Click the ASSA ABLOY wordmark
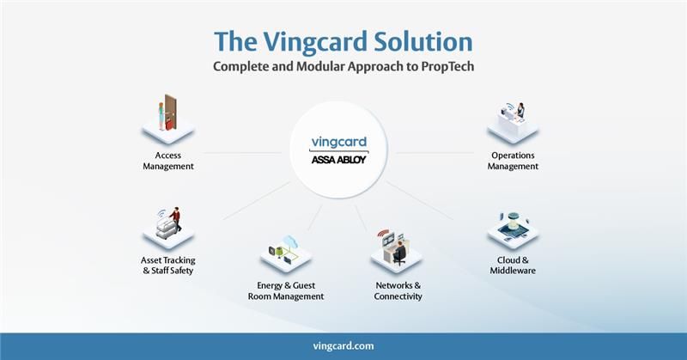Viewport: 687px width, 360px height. click(343, 161)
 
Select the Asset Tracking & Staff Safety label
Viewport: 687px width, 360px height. click(167, 265)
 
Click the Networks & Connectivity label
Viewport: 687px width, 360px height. click(398, 290)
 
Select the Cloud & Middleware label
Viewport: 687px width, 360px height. click(513, 265)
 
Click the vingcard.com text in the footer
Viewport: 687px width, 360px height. click(343, 345)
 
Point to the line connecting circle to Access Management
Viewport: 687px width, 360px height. click(240, 153)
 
